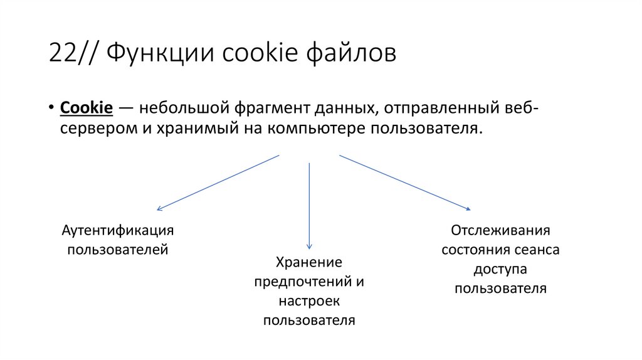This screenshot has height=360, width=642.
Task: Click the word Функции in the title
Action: [156, 54]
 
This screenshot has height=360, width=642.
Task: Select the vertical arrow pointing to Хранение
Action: [309, 207]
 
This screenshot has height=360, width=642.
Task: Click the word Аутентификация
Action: [117, 230]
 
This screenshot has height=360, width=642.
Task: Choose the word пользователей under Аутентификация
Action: [117, 249]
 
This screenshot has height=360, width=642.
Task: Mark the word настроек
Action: [309, 301]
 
